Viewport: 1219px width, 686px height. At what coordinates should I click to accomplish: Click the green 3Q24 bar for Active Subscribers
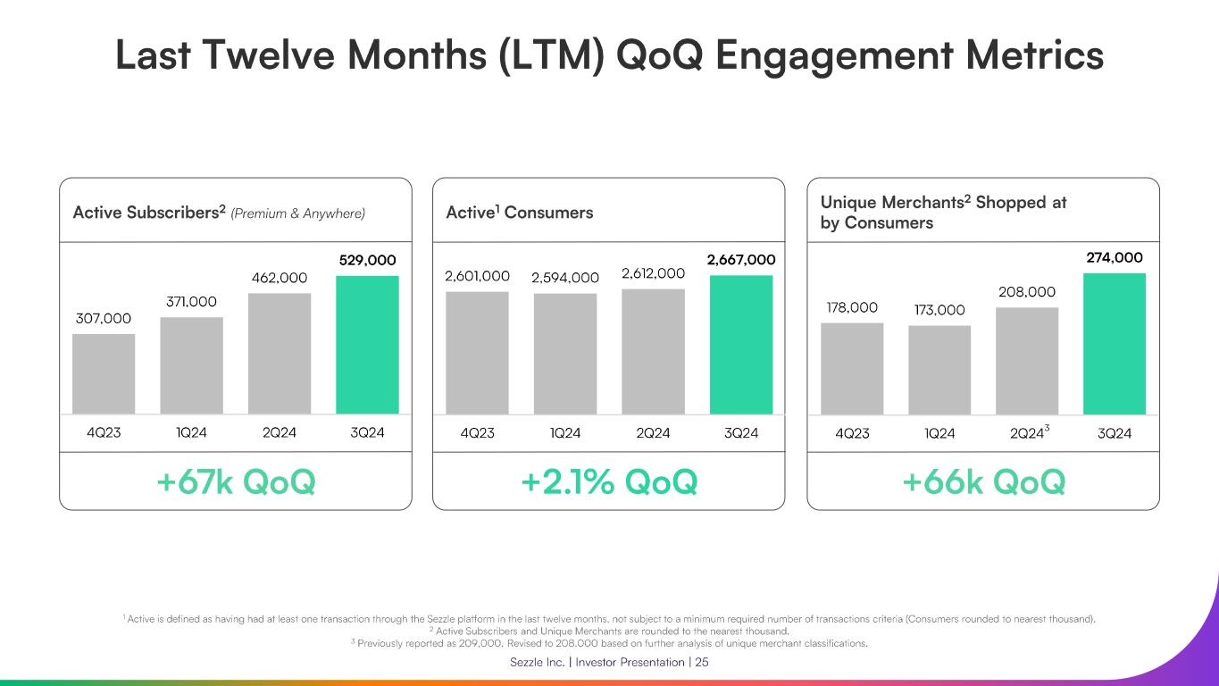click(x=367, y=345)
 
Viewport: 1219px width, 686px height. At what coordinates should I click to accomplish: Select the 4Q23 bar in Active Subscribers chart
click(x=104, y=373)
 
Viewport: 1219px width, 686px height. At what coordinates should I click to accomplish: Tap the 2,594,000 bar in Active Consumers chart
click(x=564, y=353)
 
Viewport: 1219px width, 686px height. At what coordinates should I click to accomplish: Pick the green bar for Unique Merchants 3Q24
click(x=1114, y=343)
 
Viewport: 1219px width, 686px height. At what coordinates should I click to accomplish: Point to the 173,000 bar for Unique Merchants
click(x=939, y=369)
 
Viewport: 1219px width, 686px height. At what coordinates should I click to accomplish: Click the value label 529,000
click(x=367, y=261)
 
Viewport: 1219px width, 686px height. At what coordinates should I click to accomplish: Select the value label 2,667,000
click(x=741, y=260)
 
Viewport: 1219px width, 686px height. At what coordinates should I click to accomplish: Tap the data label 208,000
click(x=1026, y=292)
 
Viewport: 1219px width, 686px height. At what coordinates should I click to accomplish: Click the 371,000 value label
click(x=191, y=302)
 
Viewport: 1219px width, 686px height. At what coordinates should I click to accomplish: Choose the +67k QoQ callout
click(x=236, y=482)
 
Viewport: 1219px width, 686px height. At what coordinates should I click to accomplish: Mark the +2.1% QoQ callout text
click(x=608, y=482)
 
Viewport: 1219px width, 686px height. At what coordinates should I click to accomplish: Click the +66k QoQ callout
click(x=983, y=482)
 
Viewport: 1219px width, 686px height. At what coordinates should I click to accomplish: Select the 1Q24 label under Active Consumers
click(x=564, y=433)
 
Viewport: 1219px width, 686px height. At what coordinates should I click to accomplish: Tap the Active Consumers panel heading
click(x=519, y=213)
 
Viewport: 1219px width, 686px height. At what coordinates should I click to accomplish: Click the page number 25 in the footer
click(x=701, y=662)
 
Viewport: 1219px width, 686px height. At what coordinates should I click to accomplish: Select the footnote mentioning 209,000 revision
click(x=609, y=643)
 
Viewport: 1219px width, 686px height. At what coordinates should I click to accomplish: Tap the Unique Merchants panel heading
click(x=943, y=213)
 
